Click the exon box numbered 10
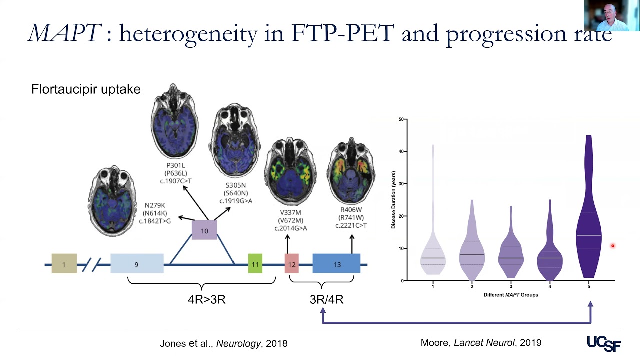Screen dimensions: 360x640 (204, 231)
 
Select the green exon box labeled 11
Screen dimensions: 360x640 (255, 264)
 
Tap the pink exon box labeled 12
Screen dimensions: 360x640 (291, 264)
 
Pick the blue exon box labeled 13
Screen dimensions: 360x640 (336, 264)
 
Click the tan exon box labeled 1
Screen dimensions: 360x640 (64, 264)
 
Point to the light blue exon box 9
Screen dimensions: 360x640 (136, 264)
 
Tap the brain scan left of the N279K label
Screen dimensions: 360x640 (113, 199)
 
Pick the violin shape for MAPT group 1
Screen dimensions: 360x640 (433, 250)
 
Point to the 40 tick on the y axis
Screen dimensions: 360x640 (401, 151)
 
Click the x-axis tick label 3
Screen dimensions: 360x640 (511, 286)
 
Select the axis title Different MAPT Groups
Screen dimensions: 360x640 (510, 295)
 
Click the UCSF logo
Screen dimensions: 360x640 (604, 343)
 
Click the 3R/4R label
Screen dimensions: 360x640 (326, 300)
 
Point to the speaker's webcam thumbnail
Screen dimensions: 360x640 (611, 16)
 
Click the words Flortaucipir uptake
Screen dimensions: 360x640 (86, 89)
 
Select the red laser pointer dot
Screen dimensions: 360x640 (612, 246)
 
